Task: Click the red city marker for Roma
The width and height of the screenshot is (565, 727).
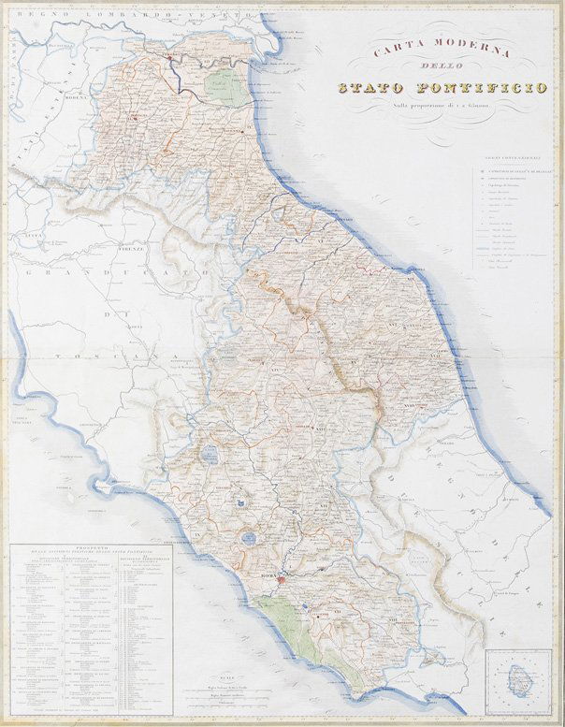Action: tap(283, 574)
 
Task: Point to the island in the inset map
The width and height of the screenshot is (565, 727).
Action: tap(516, 680)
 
